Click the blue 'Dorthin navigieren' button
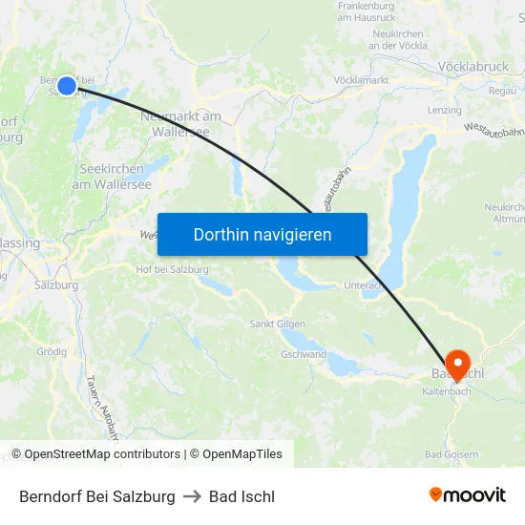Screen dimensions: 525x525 262,234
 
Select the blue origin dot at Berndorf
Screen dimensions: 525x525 66,86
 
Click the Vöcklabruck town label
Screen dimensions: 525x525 473,68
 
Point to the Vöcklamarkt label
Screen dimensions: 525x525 361,80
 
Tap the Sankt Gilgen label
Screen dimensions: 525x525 277,325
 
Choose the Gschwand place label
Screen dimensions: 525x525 304,354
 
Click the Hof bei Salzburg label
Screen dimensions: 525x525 172,269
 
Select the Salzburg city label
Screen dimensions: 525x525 55,284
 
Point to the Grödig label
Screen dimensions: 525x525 52,351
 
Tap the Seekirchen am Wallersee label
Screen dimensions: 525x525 112,177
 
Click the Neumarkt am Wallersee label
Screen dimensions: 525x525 180,123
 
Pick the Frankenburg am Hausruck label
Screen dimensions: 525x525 367,11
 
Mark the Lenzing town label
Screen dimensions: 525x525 445,111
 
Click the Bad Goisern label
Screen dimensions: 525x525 451,454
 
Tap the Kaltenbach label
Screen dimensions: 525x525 445,391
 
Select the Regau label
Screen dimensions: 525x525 502,91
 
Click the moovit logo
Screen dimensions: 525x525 468,495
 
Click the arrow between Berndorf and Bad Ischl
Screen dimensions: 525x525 192,496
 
